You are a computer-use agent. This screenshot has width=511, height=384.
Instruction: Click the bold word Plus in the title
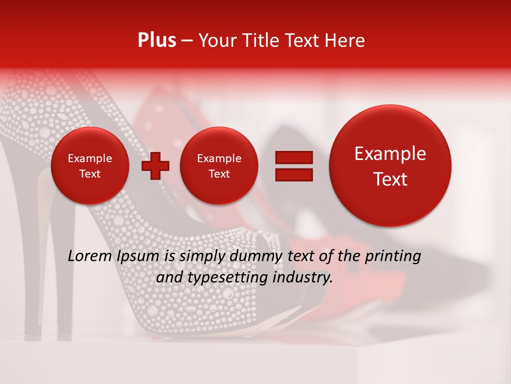(156, 41)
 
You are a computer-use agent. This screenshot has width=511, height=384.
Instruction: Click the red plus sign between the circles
(155, 166)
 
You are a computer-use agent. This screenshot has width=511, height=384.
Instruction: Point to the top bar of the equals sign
(294, 157)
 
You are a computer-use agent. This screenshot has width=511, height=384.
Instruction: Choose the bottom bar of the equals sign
(294, 174)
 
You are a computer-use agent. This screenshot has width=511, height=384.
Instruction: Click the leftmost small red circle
(89, 166)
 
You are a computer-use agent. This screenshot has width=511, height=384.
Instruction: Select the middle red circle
(219, 166)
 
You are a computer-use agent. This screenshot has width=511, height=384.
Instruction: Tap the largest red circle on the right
(390, 166)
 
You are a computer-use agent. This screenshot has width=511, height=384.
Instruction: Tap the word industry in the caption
(304, 277)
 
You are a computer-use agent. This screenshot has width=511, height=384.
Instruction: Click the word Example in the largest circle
(390, 154)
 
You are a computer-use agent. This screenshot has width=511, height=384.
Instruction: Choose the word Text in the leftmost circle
(89, 174)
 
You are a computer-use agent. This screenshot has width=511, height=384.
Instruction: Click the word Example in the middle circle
(219, 158)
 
